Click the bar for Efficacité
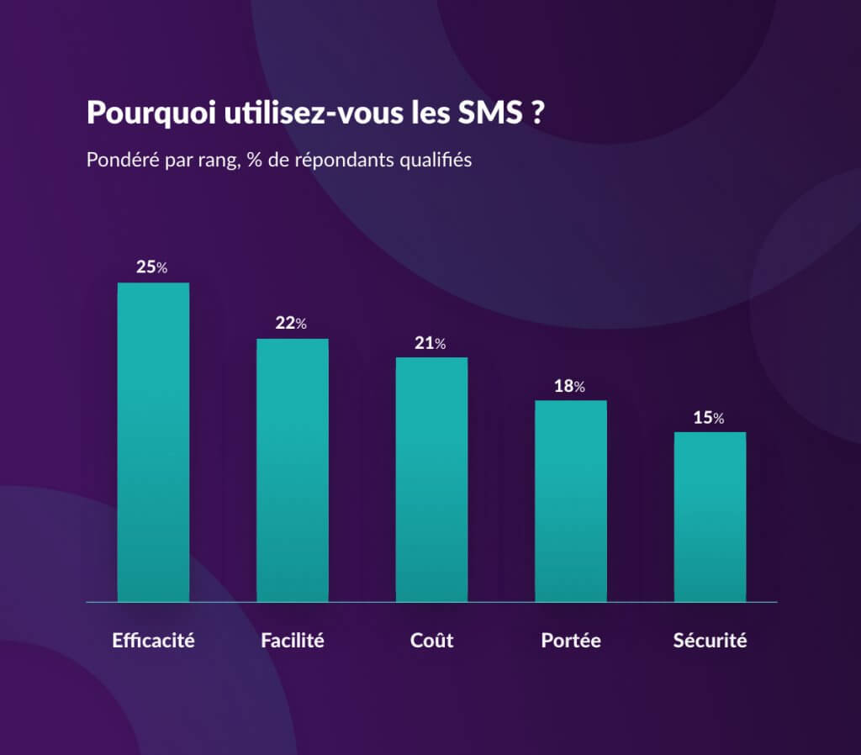[x=153, y=442]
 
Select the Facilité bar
[x=292, y=471]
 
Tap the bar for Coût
[x=431, y=480]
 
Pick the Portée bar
[x=571, y=501]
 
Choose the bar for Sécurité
[x=710, y=517]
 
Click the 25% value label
[x=152, y=267]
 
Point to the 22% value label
[x=291, y=323]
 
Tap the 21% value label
[x=430, y=343]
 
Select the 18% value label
[x=569, y=386]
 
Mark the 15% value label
[x=708, y=418]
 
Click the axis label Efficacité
[x=153, y=640]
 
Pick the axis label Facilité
[x=292, y=640]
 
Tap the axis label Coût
[x=431, y=640]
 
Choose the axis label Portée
[x=571, y=640]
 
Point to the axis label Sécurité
[x=710, y=640]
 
